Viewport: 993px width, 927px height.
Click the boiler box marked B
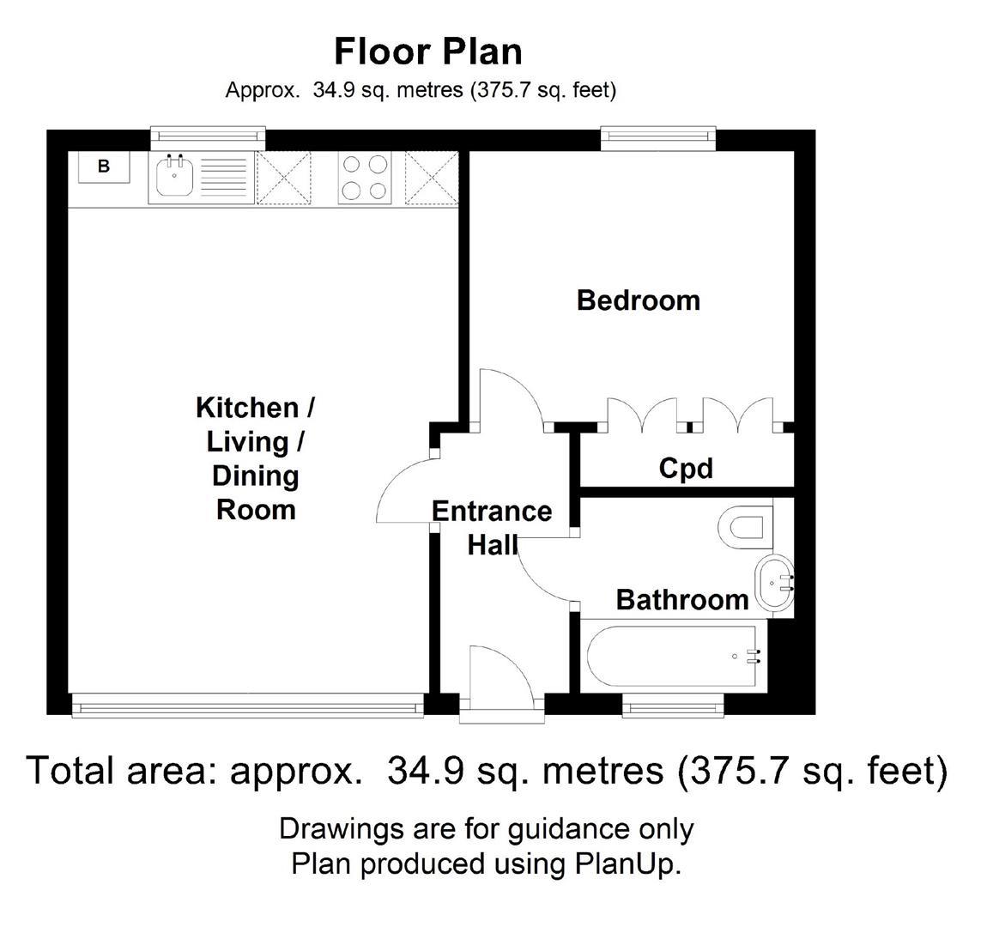[104, 167]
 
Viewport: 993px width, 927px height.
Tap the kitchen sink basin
[175, 179]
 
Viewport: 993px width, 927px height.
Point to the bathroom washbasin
[774, 584]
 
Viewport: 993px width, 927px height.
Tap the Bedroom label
[638, 300]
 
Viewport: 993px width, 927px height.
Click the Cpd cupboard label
[686, 469]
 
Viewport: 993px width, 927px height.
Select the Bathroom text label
[682, 599]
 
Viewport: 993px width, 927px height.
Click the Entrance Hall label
[492, 527]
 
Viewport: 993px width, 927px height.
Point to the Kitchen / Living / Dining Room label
[256, 458]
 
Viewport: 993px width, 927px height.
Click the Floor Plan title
[427, 51]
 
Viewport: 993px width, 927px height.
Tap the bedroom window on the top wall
[657, 136]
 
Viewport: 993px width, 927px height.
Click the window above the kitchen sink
[208, 136]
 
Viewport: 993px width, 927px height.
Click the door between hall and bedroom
[512, 399]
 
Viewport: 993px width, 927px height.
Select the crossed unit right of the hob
[432, 179]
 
